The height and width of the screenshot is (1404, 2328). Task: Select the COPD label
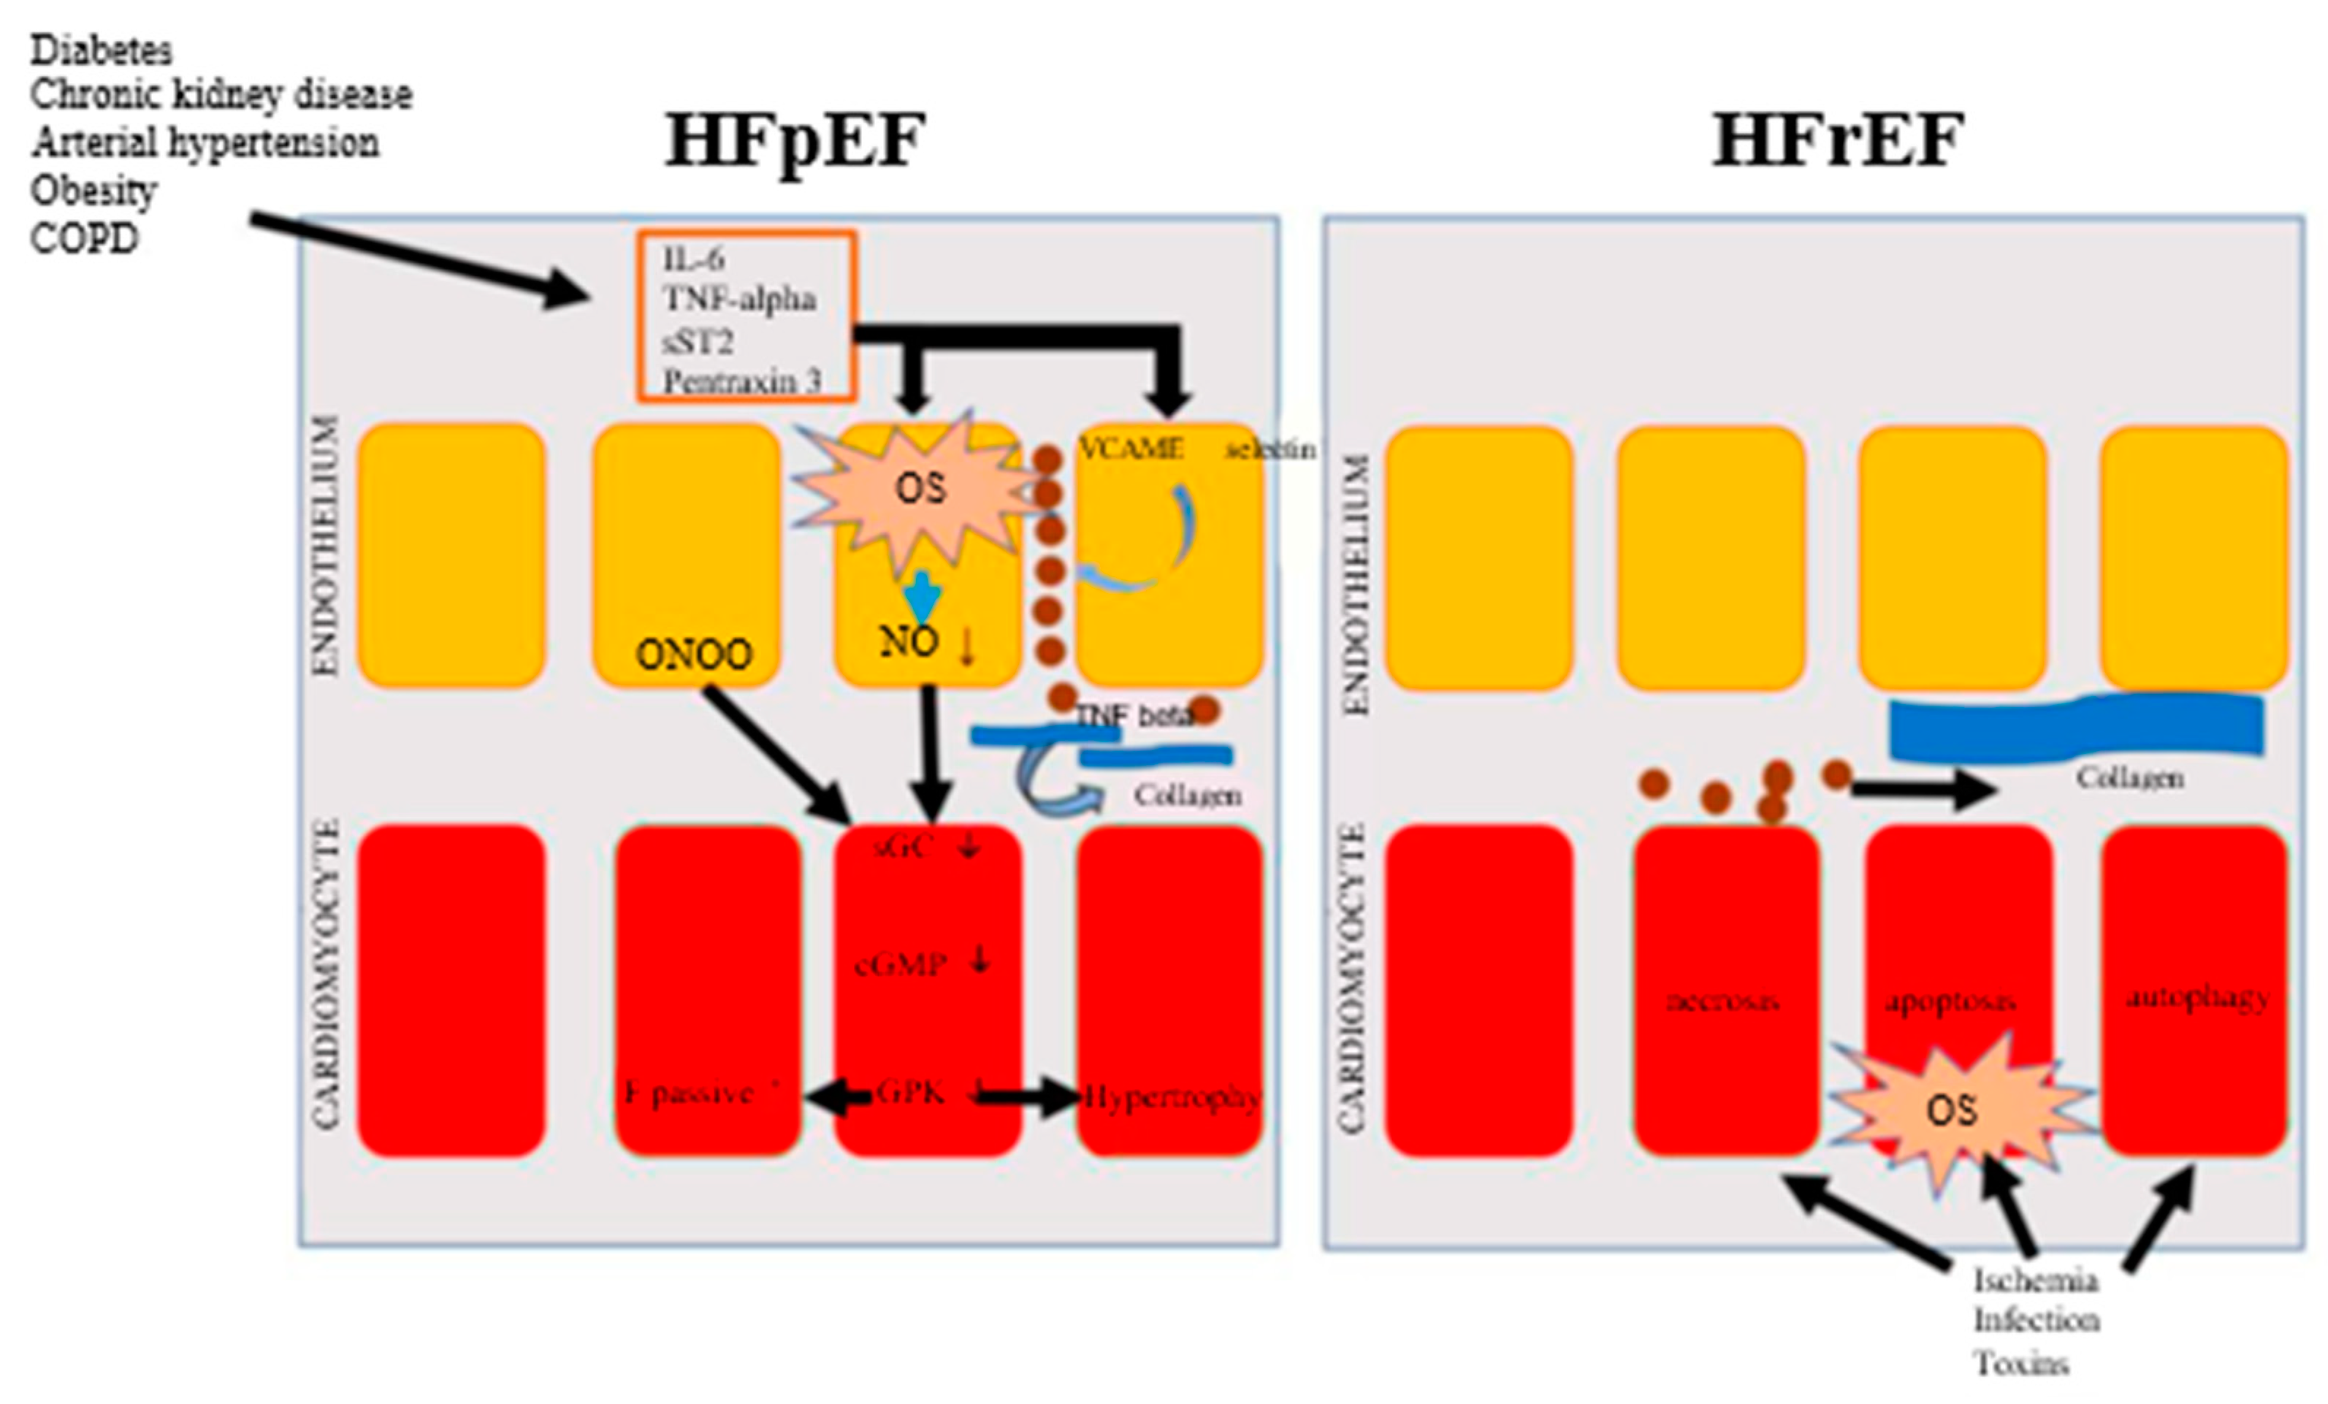click(x=84, y=238)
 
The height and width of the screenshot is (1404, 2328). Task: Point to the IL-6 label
click(x=693, y=258)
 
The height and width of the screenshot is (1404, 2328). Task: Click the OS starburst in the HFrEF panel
click(x=1951, y=1110)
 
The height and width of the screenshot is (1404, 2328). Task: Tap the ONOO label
click(x=695, y=655)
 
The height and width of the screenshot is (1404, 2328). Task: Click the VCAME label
click(x=1131, y=448)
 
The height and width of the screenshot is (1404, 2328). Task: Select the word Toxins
click(x=2022, y=1363)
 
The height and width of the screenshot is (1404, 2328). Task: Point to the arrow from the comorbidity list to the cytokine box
click(x=416, y=257)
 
